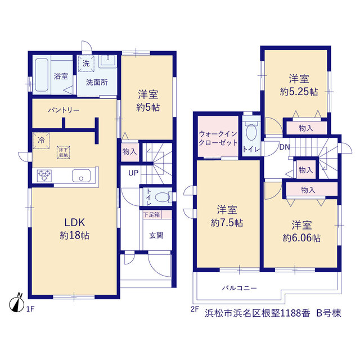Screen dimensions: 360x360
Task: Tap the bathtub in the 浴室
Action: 42,75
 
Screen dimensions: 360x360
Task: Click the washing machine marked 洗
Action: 86,64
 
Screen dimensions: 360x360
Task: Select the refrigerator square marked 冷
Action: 41,140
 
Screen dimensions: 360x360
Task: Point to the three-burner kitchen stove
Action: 44,176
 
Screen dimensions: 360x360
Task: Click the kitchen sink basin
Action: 81,175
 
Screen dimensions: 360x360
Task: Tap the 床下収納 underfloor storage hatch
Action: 64,152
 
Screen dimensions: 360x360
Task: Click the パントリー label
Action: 64,110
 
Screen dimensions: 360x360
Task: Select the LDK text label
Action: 75,222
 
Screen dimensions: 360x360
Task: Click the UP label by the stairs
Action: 133,173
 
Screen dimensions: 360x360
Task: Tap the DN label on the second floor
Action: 285,147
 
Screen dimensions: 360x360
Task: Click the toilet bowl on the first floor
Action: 163,197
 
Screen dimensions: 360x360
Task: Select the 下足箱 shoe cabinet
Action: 157,215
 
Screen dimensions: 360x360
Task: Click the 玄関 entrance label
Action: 156,235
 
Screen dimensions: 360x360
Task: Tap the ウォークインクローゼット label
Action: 218,138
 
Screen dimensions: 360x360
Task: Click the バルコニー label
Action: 239,287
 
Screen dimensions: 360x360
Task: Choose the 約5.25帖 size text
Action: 299,92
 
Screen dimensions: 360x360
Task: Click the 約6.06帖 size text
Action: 301,238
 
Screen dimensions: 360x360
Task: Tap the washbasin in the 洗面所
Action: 107,61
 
